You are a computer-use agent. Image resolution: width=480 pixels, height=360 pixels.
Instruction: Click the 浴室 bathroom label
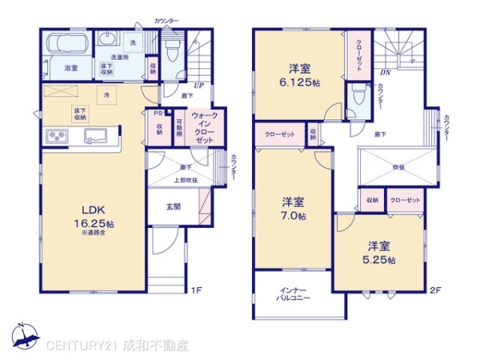pos(71,68)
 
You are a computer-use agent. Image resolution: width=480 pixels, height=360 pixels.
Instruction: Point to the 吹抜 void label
pos(398,168)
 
